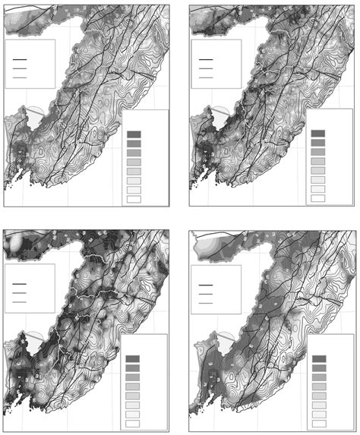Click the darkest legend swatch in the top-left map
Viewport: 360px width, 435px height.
(x=134, y=134)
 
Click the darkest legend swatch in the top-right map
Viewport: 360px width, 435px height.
(x=318, y=134)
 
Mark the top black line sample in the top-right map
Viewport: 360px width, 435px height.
(x=205, y=59)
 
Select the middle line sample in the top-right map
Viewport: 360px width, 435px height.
(x=205, y=68)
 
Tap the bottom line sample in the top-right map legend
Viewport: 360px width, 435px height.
(x=205, y=77)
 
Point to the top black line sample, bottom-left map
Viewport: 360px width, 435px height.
(x=20, y=284)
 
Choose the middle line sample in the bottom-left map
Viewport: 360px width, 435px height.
(x=20, y=293)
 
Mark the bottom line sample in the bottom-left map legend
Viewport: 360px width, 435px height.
(x=20, y=302)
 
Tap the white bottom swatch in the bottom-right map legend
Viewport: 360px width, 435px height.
(x=318, y=424)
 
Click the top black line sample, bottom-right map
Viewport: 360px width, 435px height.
(x=205, y=284)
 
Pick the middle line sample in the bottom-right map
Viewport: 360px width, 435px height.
(x=205, y=293)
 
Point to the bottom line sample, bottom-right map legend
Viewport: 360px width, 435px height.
(x=205, y=302)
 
